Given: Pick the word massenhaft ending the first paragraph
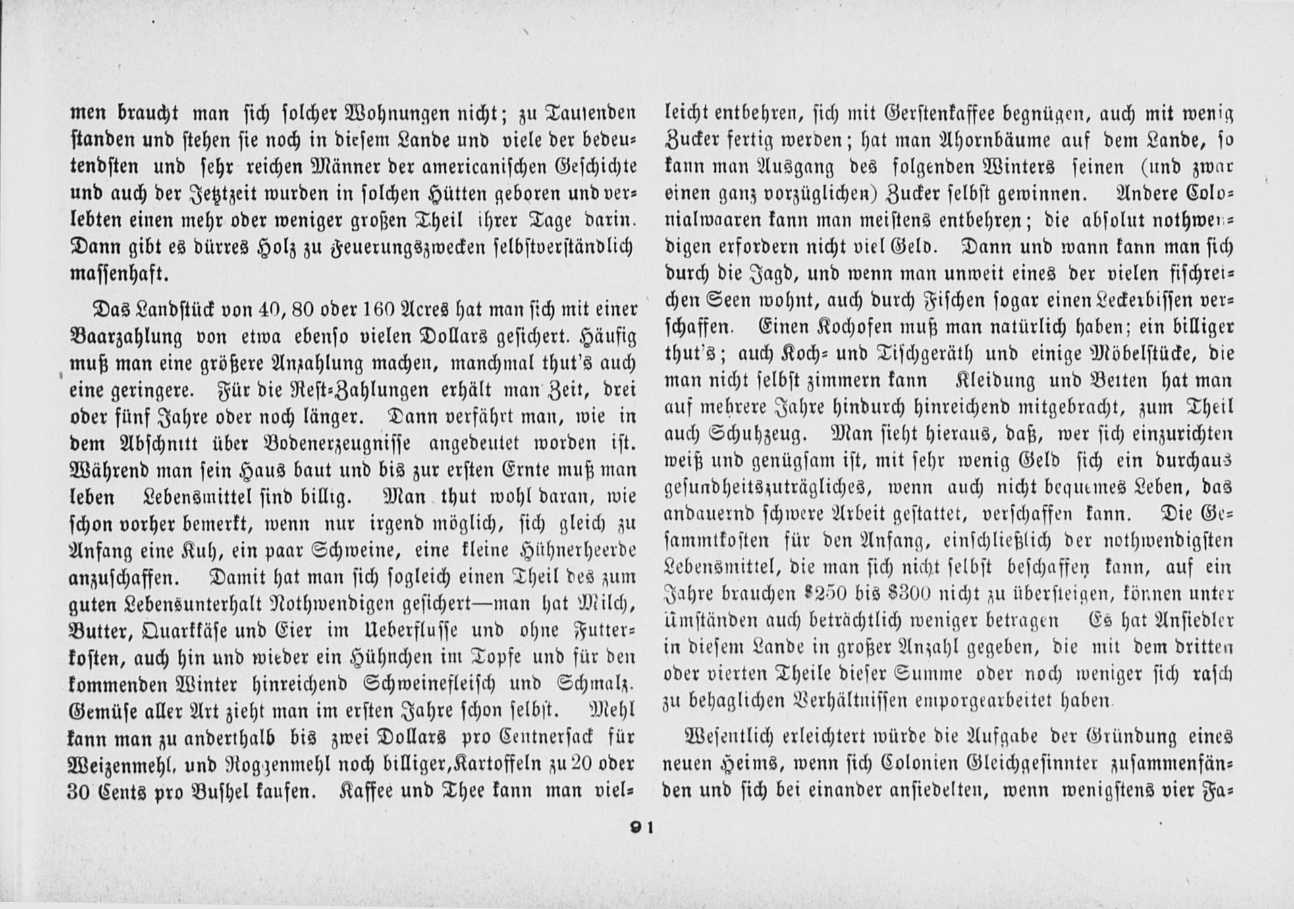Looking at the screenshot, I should [x=119, y=274].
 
